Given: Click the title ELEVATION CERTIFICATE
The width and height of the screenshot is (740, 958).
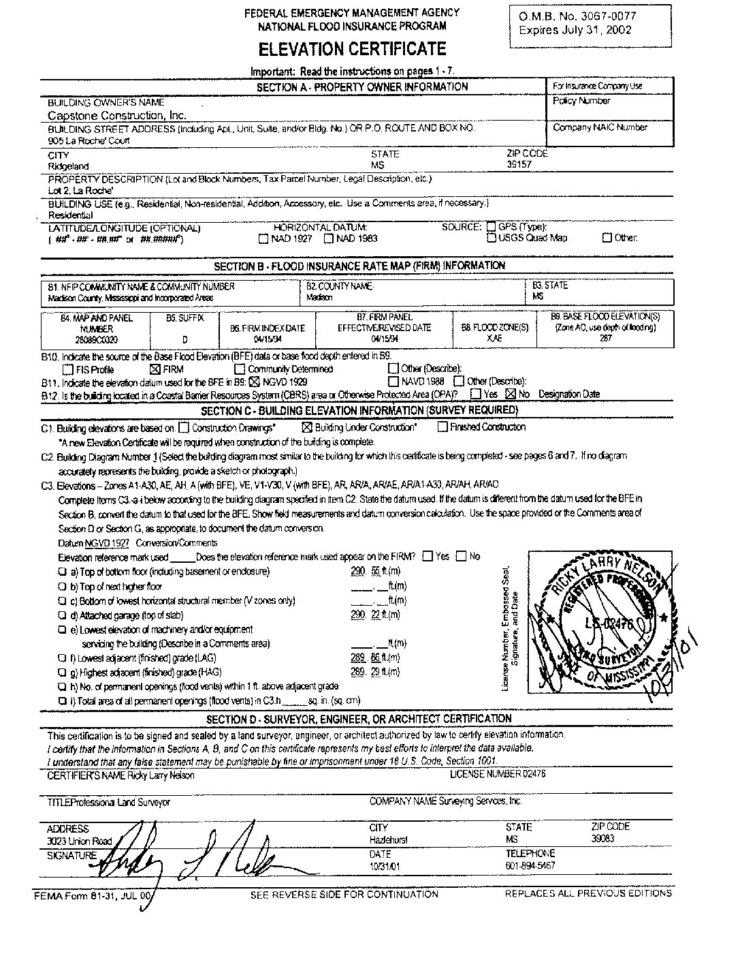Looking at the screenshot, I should [x=351, y=49].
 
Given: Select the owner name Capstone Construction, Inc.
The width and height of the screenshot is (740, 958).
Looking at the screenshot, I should [x=117, y=116].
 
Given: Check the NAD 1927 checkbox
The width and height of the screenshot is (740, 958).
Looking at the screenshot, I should [x=263, y=239].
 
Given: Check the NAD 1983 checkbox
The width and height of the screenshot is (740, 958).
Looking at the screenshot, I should [x=329, y=239].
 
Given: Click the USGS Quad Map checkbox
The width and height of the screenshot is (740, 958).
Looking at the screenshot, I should [x=492, y=238].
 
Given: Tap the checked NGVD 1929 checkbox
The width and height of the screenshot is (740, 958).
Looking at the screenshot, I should [x=255, y=382].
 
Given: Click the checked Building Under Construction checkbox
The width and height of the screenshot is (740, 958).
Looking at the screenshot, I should [x=306, y=428].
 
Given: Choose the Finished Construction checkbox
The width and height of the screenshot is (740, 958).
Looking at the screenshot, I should [x=443, y=427].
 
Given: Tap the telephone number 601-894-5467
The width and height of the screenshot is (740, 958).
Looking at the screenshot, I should [x=530, y=865].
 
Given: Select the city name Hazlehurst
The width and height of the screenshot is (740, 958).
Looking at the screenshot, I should [x=389, y=839].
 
